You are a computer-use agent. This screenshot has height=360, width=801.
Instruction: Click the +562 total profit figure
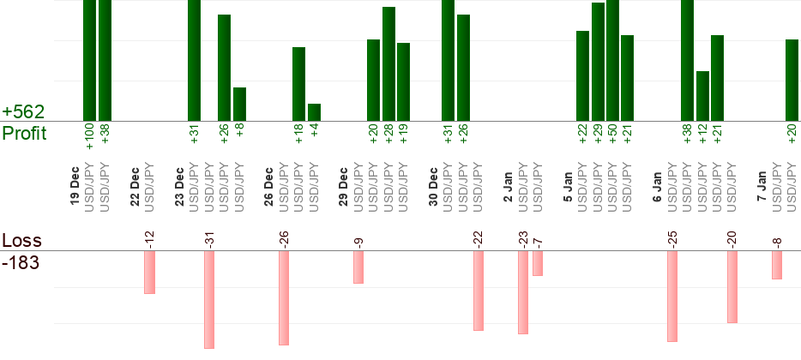(x=22, y=112)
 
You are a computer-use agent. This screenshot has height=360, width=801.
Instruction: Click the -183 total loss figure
(x=21, y=261)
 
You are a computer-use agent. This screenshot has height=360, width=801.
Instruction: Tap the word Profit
(x=24, y=134)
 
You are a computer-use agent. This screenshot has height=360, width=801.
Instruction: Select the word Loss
(x=21, y=240)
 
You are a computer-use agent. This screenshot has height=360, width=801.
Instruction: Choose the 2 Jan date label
(x=508, y=185)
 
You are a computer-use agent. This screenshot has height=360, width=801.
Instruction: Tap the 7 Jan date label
(x=762, y=185)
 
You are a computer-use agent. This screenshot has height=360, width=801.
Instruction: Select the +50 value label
(x=612, y=135)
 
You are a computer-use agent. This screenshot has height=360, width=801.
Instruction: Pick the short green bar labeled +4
(x=314, y=112)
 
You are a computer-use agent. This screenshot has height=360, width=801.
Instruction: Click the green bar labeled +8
(x=239, y=104)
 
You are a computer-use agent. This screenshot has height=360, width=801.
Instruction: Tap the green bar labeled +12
(x=702, y=95)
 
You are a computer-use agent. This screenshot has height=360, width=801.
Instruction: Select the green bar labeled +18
(x=298, y=84)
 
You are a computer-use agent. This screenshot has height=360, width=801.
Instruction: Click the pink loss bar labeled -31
(x=208, y=299)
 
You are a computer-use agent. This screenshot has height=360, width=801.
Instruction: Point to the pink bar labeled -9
(x=358, y=267)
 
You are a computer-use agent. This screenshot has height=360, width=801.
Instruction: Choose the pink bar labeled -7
(x=538, y=263)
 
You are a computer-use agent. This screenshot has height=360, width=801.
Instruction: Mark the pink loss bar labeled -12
(x=149, y=273)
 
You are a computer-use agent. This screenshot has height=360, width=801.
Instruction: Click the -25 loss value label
(x=672, y=237)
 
